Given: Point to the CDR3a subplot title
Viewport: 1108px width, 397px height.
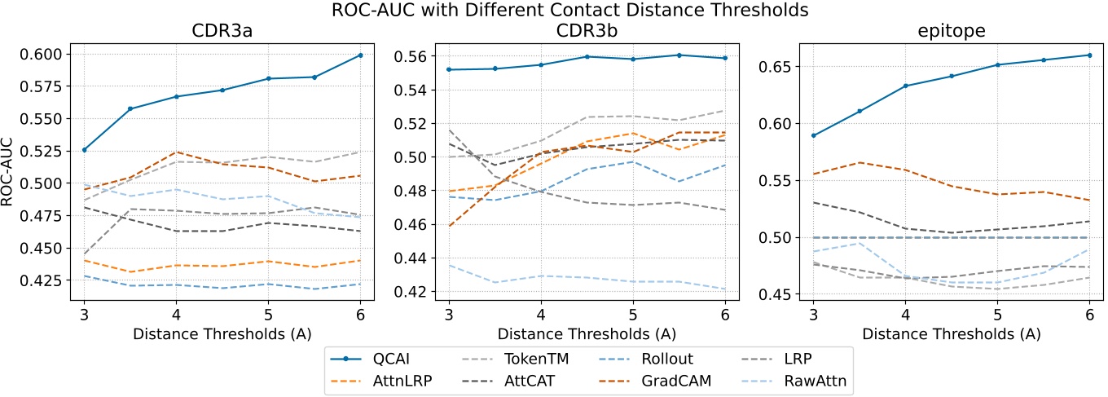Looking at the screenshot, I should point(222,32).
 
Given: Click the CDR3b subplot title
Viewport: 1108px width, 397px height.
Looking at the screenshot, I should point(587,32).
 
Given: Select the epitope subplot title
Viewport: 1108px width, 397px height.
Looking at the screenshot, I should point(951,32).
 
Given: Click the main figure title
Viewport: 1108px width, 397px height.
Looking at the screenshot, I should point(554,11).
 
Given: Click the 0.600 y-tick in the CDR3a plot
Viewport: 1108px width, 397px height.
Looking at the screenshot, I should point(47,54).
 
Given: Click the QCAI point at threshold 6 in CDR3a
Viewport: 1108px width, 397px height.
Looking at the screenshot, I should point(360,55).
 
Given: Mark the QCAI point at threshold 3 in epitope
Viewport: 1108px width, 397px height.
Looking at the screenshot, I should point(813,135).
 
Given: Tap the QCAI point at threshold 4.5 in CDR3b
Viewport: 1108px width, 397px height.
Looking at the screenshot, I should point(587,56).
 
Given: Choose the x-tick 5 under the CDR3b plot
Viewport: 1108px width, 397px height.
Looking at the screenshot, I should point(633,315).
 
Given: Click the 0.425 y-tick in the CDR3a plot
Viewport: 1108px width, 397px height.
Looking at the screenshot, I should point(47,280).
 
